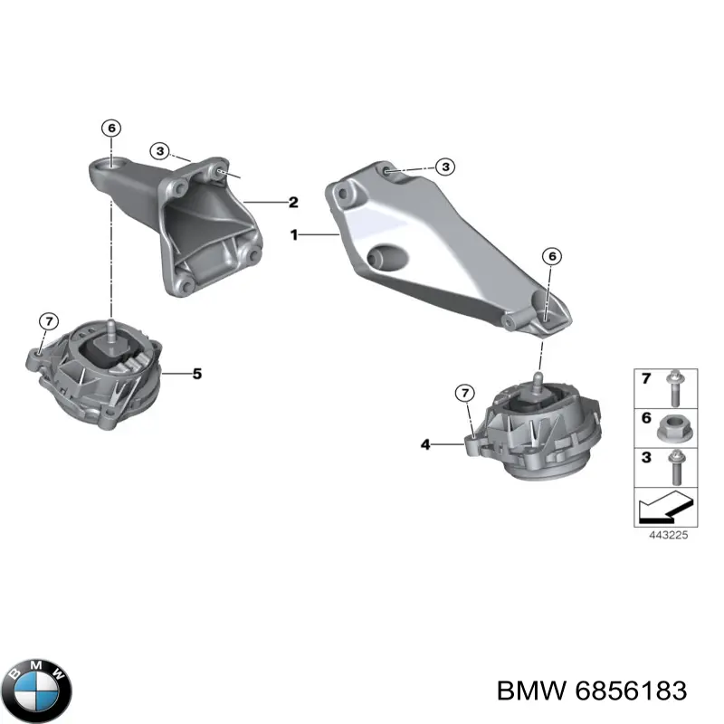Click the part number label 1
[293, 233]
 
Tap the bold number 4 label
[426, 444]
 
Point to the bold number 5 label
[197, 372]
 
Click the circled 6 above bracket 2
[110, 128]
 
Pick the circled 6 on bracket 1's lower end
[553, 256]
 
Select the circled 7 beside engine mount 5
[49, 321]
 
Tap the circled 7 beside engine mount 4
[463, 393]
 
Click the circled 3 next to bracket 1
[444, 167]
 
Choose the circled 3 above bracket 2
[159, 151]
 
